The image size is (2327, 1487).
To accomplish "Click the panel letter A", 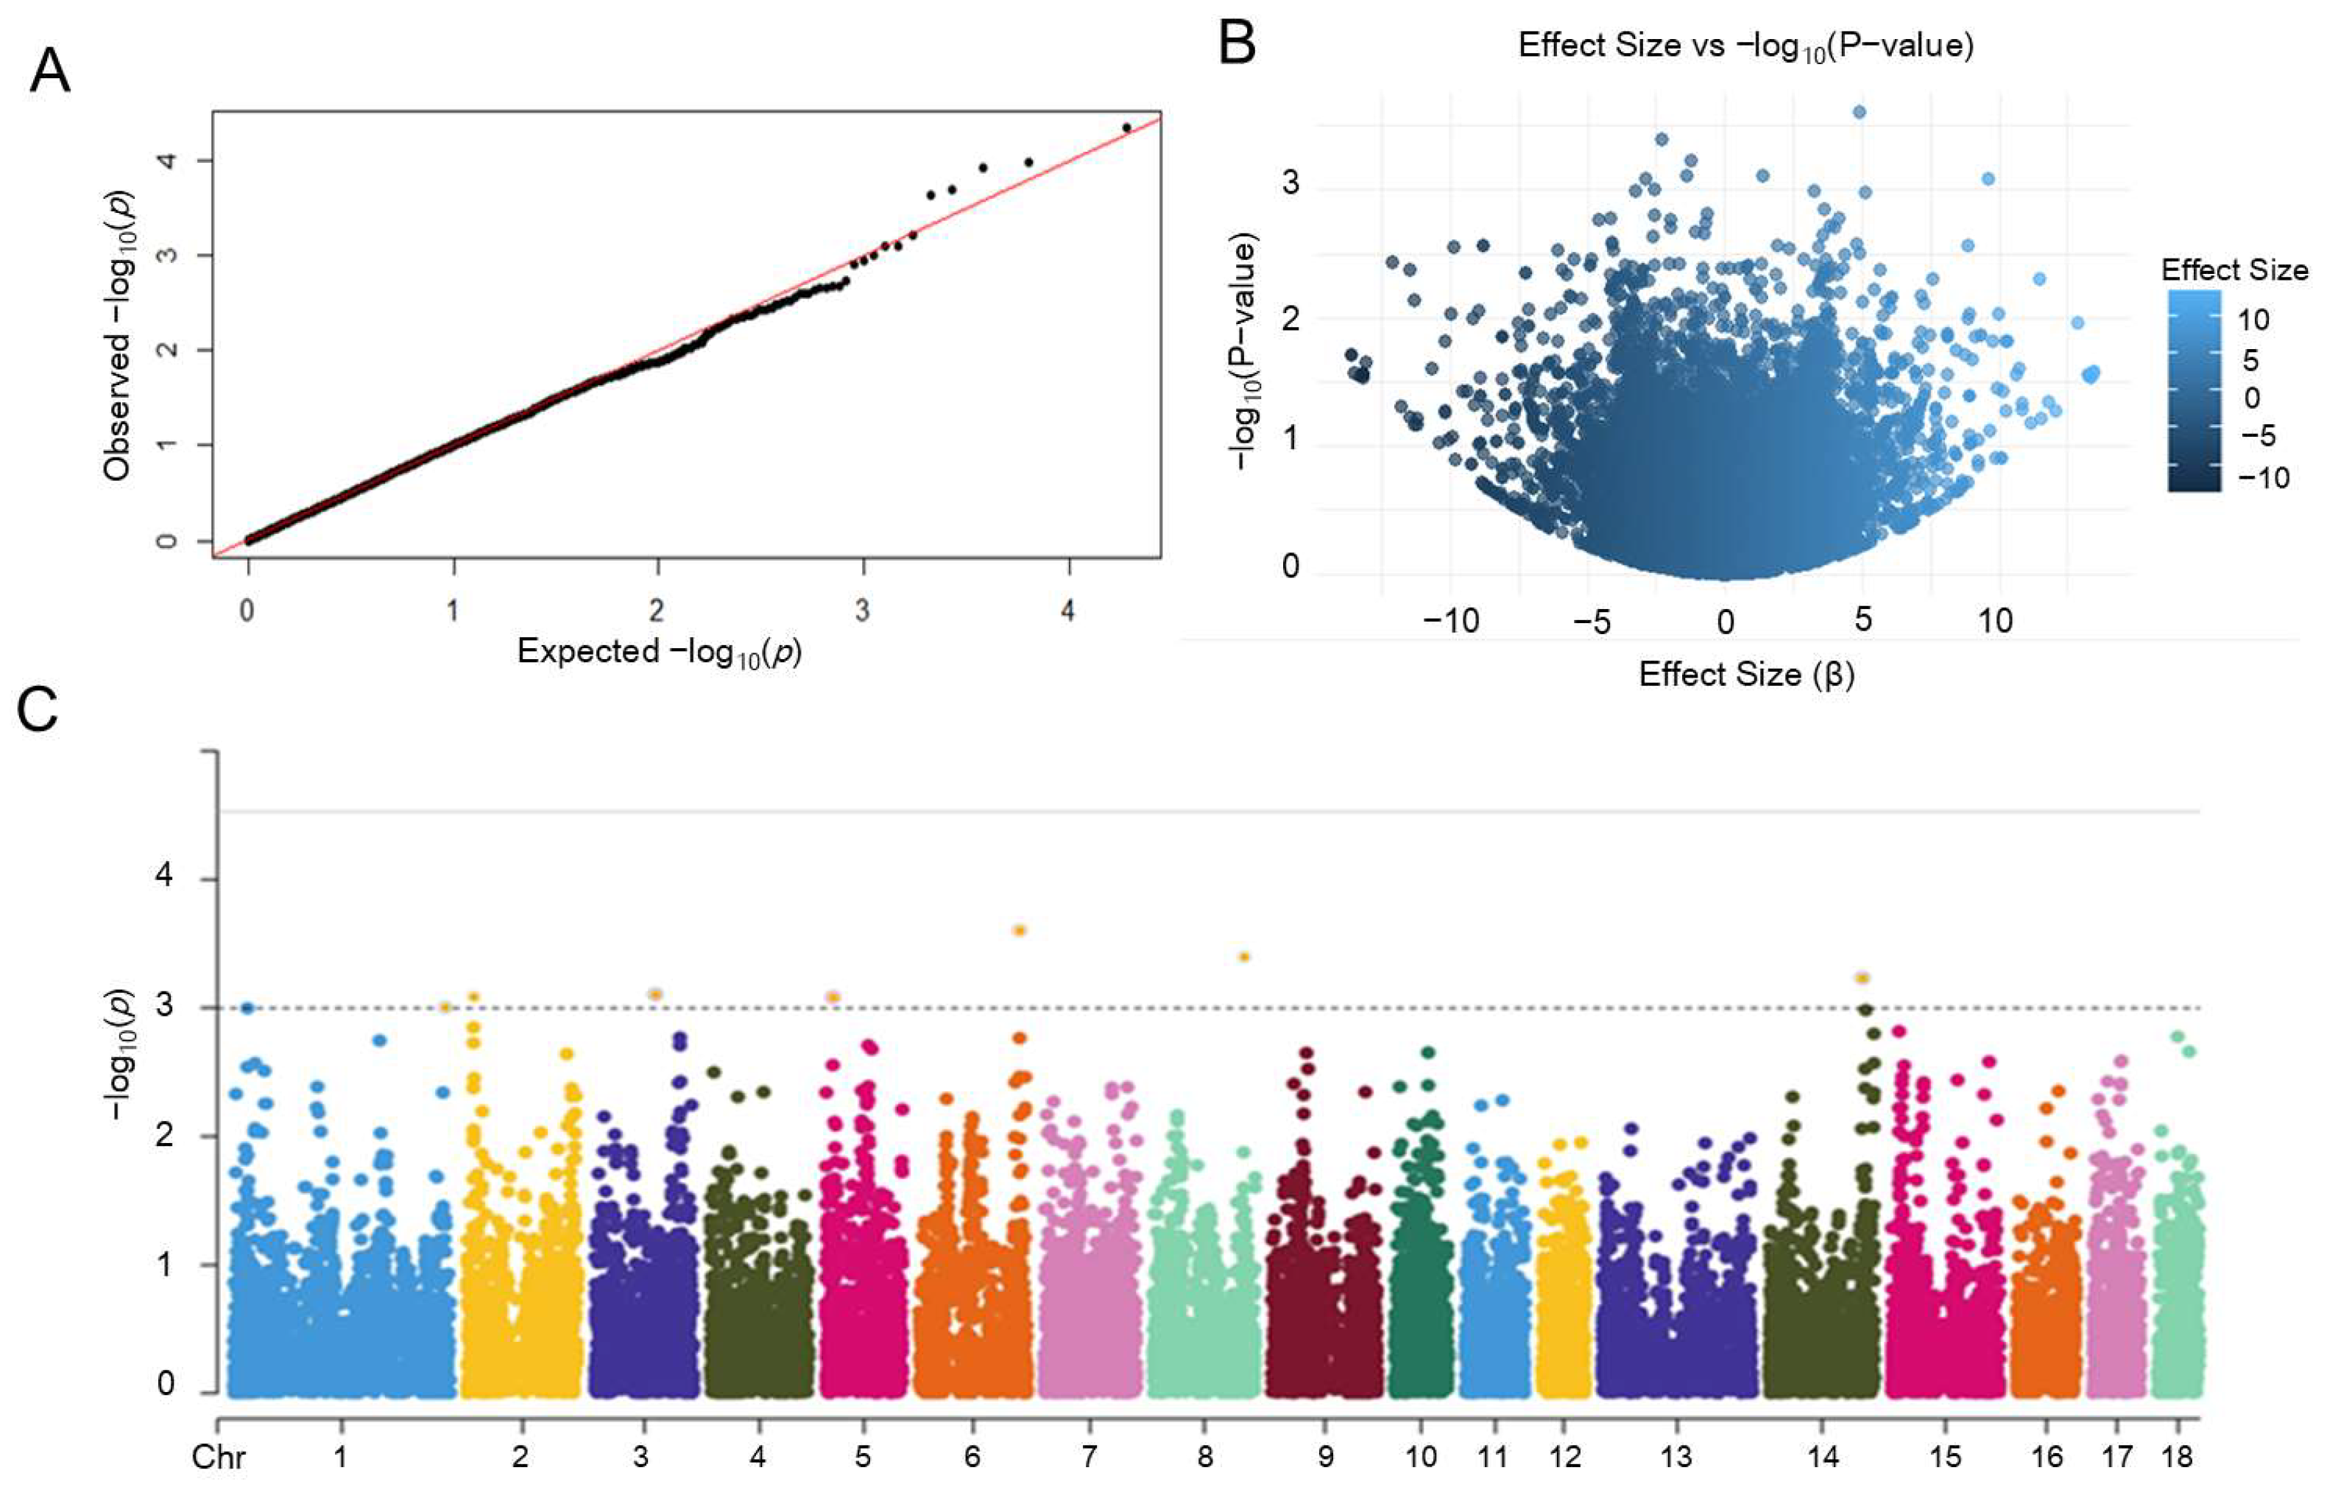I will coord(50,71).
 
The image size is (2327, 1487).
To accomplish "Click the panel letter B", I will coord(1237,44).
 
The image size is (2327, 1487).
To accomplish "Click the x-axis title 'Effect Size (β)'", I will coord(1746,674).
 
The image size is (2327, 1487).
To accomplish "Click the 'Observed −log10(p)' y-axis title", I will coord(118,334).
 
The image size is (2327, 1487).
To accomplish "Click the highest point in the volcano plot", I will coord(1858,112).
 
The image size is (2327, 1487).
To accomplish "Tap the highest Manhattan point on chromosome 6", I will coord(1019,930).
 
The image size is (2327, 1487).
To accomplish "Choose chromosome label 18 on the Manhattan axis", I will coord(2178,1456).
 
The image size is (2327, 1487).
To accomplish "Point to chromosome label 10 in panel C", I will coord(1421,1456).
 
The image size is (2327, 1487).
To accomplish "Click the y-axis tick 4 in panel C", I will coord(164,877).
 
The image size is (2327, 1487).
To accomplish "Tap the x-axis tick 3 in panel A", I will coord(862,612).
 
